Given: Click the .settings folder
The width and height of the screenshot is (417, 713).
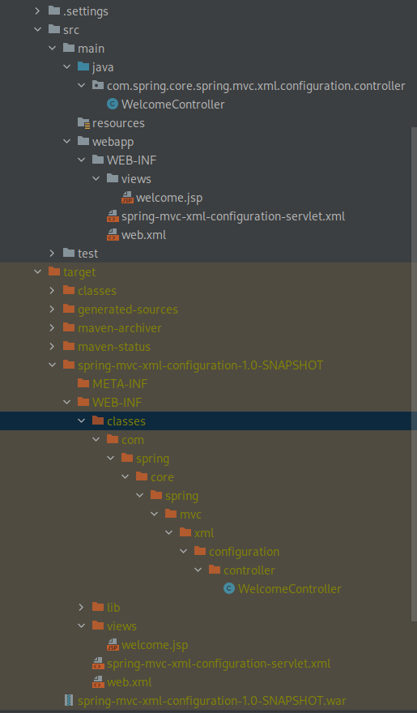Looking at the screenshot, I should (85, 11).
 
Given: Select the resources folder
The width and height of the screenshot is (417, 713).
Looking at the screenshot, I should (118, 123).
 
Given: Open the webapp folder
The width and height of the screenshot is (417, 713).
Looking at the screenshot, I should (113, 142).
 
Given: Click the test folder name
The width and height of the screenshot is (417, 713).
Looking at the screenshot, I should (87, 254).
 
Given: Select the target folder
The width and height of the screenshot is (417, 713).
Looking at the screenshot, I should (79, 272).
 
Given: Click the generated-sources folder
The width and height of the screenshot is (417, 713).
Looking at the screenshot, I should (127, 310).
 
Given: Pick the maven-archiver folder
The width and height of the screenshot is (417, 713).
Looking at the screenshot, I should (120, 328).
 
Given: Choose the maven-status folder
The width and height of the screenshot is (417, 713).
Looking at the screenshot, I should (113, 347).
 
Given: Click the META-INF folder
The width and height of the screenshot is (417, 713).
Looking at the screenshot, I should (120, 384).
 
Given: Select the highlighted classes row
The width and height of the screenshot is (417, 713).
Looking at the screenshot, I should (126, 421).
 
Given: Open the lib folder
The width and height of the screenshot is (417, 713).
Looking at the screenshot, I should (113, 608).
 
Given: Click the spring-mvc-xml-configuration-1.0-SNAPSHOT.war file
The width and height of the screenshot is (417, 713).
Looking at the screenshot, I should (212, 700).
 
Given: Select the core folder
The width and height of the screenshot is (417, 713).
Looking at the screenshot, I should (162, 477).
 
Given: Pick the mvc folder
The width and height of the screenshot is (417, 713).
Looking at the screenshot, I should (191, 514).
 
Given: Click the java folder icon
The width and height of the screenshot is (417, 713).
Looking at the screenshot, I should (83, 67).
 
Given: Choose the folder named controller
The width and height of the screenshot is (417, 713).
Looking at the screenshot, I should (249, 570).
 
